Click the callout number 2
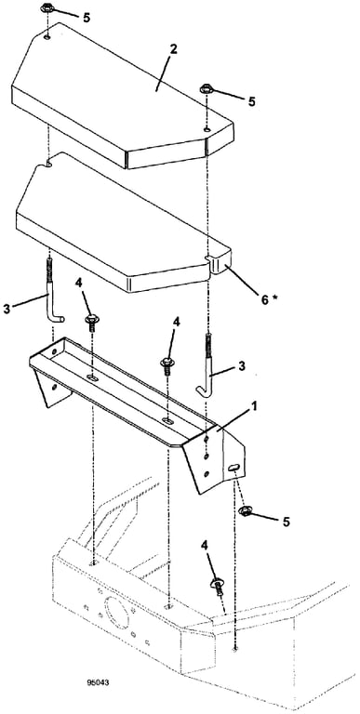173,50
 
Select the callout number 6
265,299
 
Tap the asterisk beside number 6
274,297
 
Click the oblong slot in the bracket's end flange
233,468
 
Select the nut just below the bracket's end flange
245,511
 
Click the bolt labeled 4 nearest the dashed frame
217,588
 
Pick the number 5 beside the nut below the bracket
286,522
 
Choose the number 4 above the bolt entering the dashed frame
205,546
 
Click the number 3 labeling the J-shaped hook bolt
242,365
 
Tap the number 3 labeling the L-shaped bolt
6,309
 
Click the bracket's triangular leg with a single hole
50,388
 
